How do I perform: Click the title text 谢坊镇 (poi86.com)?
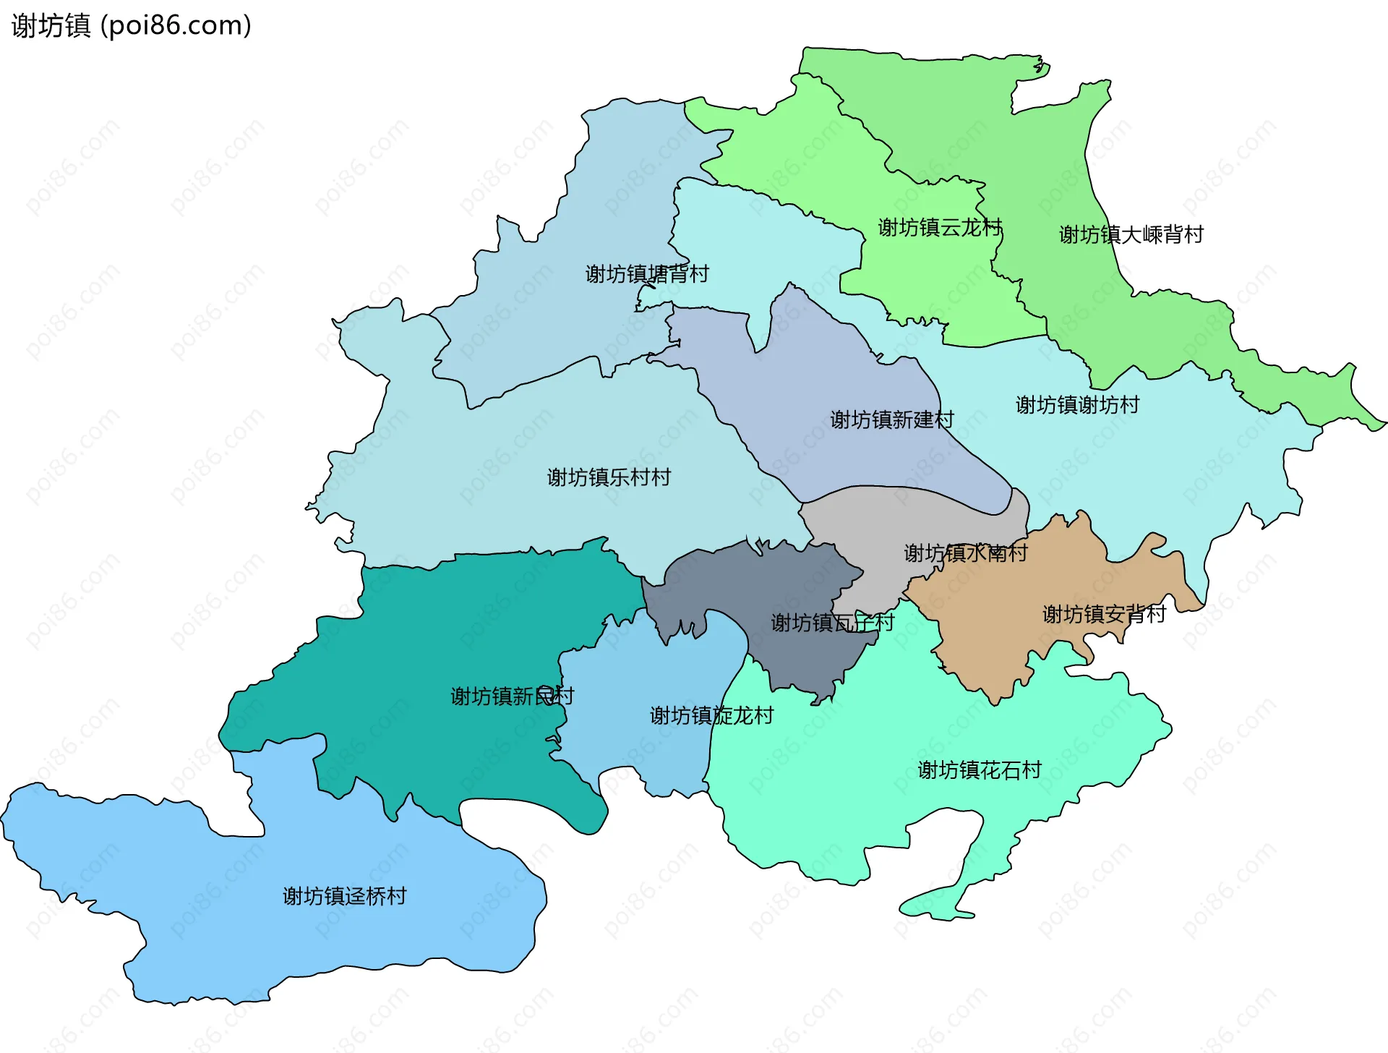(131, 25)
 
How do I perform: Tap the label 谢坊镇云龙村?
(939, 228)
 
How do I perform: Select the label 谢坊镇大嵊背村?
(1131, 235)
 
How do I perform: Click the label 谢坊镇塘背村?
(646, 274)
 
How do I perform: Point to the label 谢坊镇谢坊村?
(1076, 405)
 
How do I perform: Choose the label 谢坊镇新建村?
(891, 420)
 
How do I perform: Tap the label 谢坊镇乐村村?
(609, 477)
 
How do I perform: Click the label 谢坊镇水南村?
(965, 553)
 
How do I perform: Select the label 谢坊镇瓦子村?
(832, 623)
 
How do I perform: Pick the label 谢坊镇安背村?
(1104, 615)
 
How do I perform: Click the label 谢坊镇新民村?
(512, 696)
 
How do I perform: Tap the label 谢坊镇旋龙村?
(711, 716)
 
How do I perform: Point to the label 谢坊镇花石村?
(979, 770)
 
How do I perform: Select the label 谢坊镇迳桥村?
(344, 897)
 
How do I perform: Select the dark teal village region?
(434, 636)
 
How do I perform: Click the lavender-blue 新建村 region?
(831, 376)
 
